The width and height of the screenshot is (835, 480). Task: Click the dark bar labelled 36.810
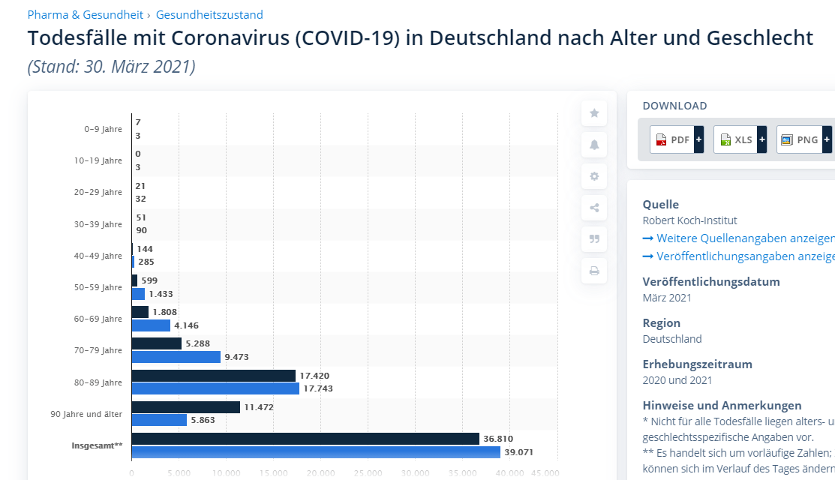tap(305, 439)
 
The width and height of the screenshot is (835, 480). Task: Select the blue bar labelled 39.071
tap(315, 452)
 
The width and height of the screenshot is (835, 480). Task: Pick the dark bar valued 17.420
tap(213, 376)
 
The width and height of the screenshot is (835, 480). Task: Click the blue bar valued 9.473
tap(176, 357)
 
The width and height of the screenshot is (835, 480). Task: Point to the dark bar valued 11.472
tap(185, 407)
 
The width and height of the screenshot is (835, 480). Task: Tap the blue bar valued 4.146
tap(151, 325)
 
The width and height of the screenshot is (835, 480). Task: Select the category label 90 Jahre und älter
tap(86, 414)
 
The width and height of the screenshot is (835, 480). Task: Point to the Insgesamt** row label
tap(97, 445)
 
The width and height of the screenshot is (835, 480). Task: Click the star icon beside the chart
tap(594, 113)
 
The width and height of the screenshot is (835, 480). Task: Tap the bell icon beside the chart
tap(594, 145)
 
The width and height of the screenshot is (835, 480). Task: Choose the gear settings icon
tap(594, 176)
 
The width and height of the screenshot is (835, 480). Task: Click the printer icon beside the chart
tap(594, 271)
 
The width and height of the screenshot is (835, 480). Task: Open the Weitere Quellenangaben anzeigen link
tap(738, 238)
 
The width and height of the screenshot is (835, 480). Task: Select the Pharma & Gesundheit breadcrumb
tap(85, 15)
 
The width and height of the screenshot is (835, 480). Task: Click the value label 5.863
tap(203, 420)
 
